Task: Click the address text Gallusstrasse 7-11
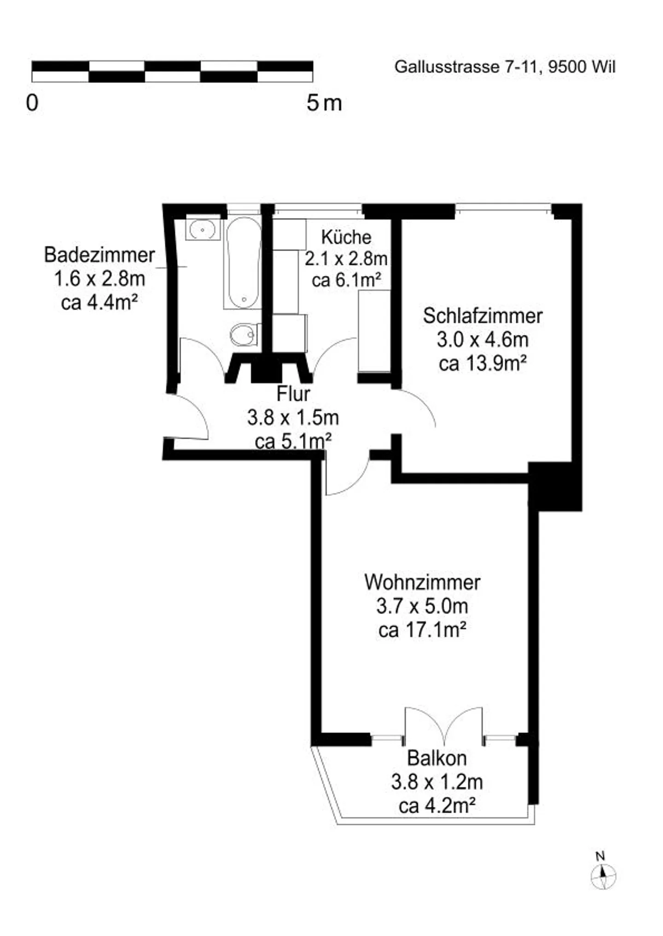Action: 466,67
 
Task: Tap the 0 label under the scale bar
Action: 32,103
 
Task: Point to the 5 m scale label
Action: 324,103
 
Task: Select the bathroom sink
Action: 203,229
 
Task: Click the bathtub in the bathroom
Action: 243,262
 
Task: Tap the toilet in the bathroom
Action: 244,335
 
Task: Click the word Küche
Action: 346,237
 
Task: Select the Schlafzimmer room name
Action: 483,316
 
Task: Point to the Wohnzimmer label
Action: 422,582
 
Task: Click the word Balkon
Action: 436,758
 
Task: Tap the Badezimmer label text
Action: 99,255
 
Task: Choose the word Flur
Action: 293,394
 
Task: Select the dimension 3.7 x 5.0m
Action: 422,606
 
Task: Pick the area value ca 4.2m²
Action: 436,805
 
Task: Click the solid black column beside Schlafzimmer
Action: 555,486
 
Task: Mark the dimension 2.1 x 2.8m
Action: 346,259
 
